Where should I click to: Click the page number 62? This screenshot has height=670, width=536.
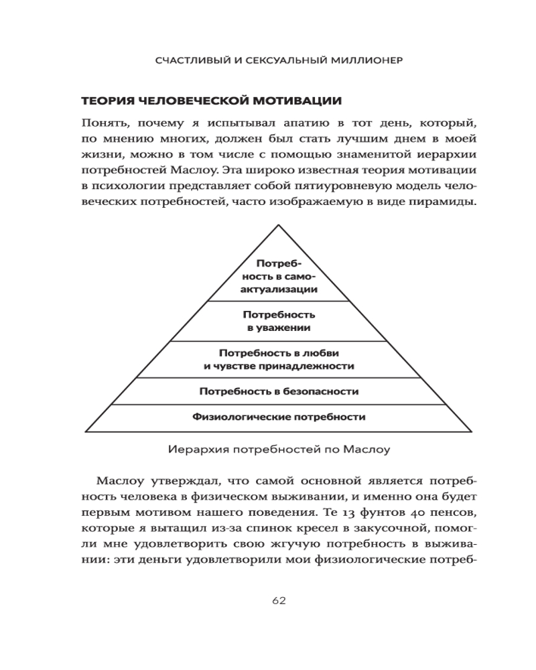point(279,600)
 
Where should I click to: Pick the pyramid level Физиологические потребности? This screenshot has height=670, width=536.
point(279,417)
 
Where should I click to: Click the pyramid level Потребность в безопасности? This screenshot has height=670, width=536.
point(279,391)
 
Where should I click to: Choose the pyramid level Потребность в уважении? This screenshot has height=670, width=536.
point(279,321)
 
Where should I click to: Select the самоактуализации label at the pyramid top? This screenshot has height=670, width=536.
point(279,276)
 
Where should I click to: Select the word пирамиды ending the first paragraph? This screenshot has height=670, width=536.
point(448,201)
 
